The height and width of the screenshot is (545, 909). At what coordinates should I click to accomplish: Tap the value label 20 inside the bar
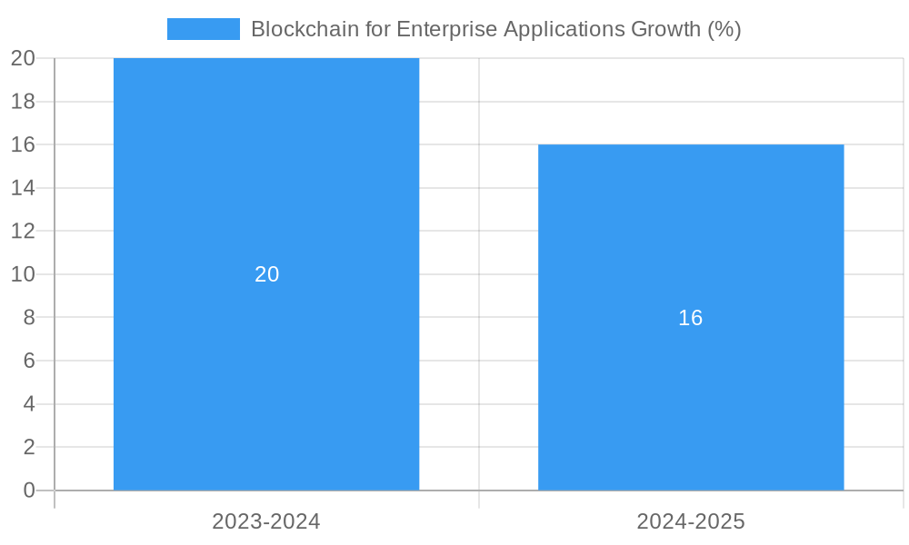point(266,274)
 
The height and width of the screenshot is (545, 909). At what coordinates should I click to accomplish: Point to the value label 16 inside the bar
point(691,318)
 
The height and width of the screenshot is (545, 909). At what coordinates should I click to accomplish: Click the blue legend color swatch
point(203,29)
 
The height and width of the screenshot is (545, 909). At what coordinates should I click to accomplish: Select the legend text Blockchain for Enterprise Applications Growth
point(495,29)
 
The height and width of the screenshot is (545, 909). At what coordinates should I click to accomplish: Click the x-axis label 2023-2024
point(266,521)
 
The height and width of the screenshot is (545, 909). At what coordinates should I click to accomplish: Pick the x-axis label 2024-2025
point(691,521)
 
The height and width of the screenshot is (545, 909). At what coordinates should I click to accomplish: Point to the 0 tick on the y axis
point(28,490)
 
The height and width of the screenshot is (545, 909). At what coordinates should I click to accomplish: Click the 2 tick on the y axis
point(28,447)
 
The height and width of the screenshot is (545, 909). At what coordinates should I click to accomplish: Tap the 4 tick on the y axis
point(28,404)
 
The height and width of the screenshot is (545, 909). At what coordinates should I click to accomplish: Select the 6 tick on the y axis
point(28,361)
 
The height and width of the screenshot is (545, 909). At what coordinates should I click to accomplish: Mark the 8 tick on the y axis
point(28,317)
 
